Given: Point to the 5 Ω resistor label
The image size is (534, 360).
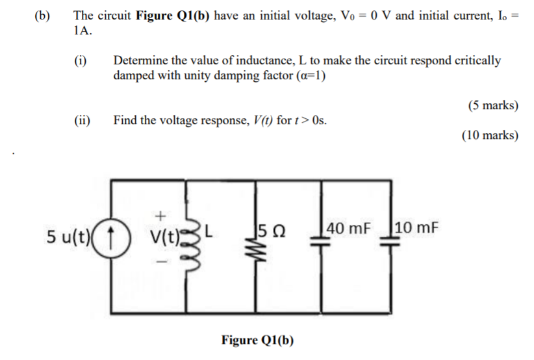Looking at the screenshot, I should (x=272, y=229).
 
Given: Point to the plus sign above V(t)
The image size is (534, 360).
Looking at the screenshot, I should (x=161, y=214).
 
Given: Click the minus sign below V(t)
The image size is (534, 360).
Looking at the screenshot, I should (x=162, y=259).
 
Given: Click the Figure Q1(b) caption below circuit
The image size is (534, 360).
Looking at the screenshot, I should (x=257, y=340).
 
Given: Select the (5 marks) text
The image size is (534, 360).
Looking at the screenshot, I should (x=492, y=105).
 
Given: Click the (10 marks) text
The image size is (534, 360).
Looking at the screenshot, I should (x=490, y=135).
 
